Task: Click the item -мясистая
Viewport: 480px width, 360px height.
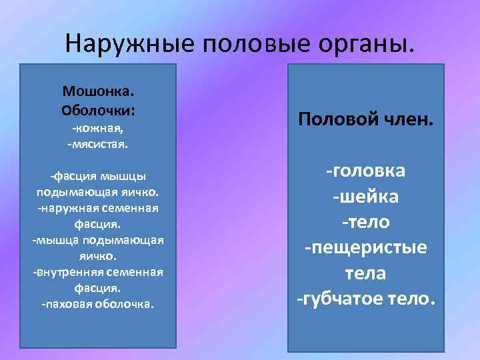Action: [x=98, y=143]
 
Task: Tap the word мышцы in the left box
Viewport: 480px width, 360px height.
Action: [x=123, y=176]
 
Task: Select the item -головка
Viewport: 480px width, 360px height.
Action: [x=365, y=171]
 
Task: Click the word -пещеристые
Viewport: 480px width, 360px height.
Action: [x=365, y=248]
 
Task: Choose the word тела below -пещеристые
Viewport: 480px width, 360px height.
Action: [x=365, y=273]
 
